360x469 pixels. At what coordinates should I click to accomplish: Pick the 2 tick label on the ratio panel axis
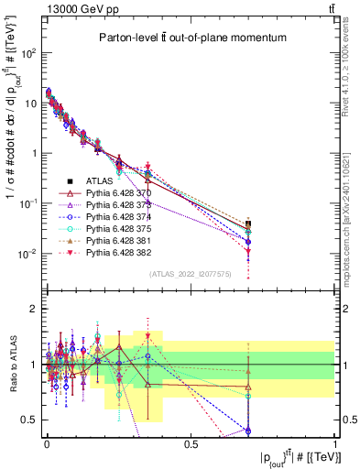[x=33, y=310]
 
